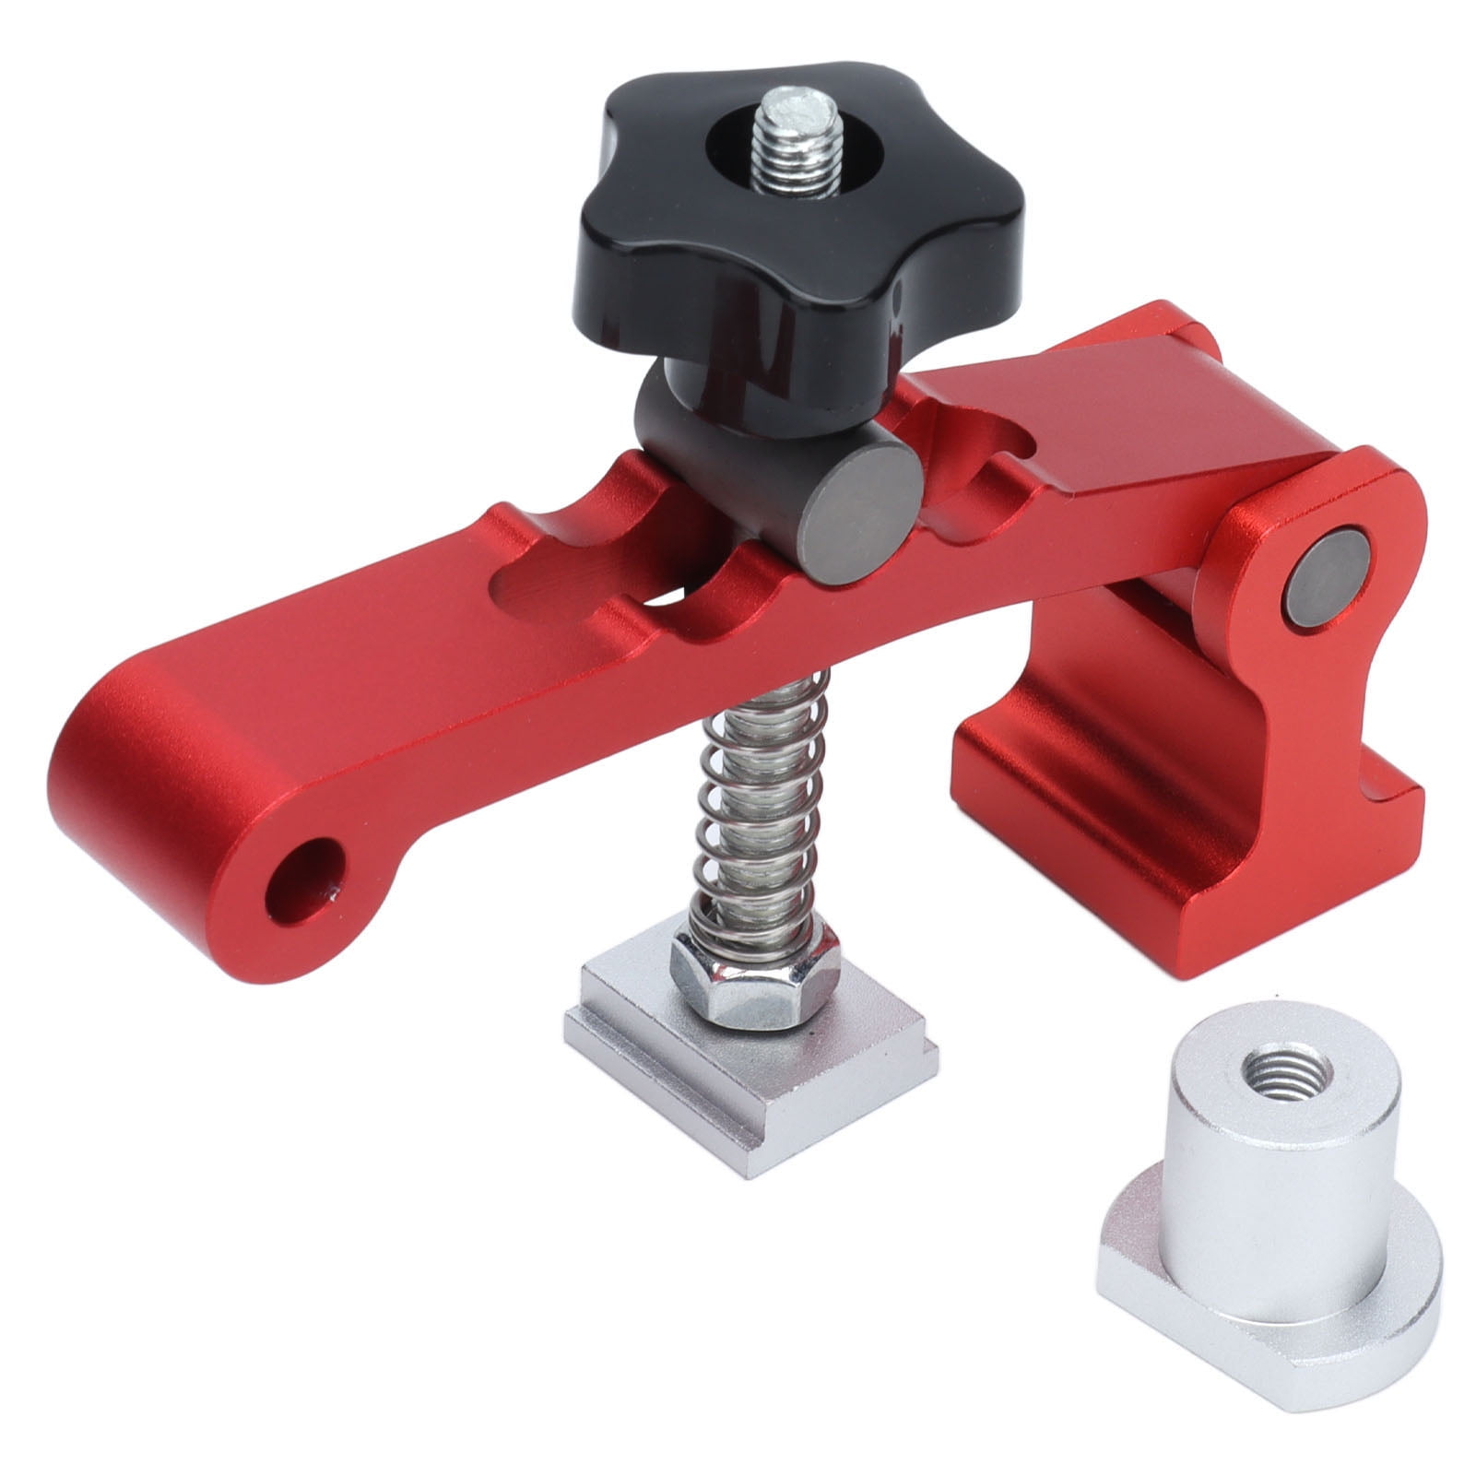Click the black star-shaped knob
(x=645, y=221)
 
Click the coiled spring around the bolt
(x=756, y=811)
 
